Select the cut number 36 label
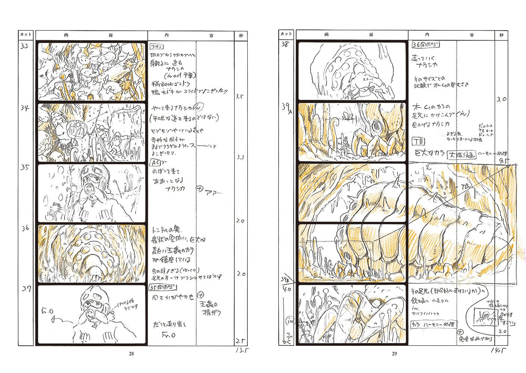(x=25, y=228)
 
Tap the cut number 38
(x=285, y=45)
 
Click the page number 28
(x=131, y=354)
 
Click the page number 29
(x=394, y=354)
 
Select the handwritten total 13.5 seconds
(x=242, y=351)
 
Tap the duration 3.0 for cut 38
(x=501, y=100)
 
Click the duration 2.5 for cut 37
(x=240, y=341)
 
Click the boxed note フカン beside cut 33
(x=157, y=47)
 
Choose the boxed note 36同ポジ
(x=425, y=45)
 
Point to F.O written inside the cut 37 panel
(x=48, y=310)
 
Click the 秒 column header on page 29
(x=501, y=35)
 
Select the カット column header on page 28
(x=26, y=35)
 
